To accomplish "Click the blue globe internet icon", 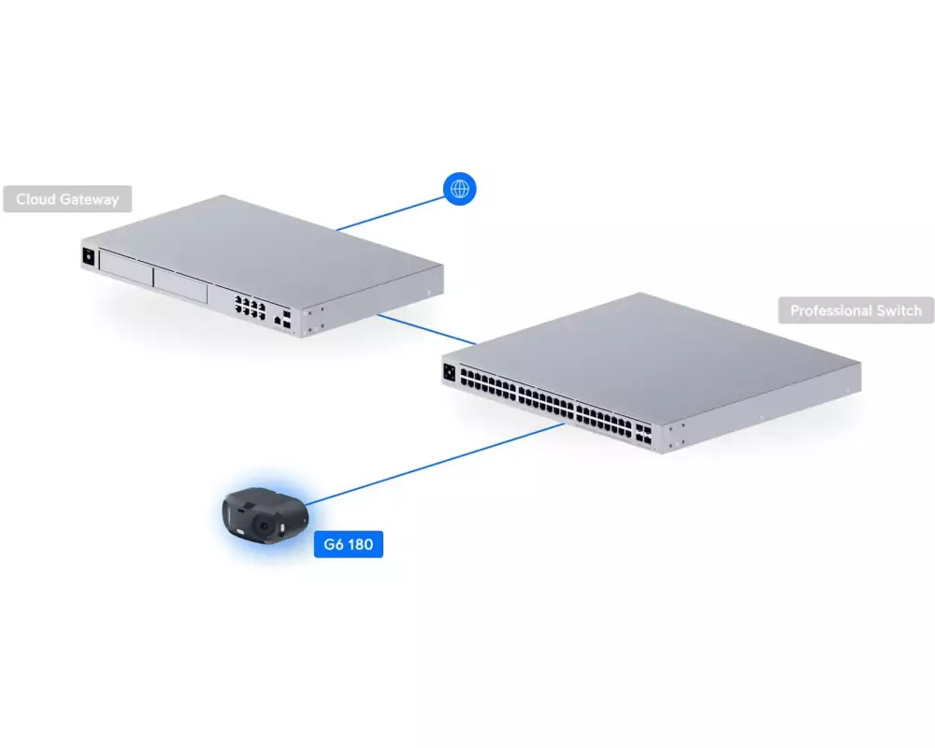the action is pyautogui.click(x=460, y=189).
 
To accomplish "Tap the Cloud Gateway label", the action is pyautogui.click(x=67, y=199).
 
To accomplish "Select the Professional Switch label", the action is pyautogui.click(x=856, y=310).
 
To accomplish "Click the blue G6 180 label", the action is pyautogui.click(x=348, y=544).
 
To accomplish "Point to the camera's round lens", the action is pyautogui.click(x=263, y=525).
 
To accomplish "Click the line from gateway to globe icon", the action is pyautogui.click(x=390, y=213).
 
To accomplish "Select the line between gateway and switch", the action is pyautogui.click(x=427, y=329).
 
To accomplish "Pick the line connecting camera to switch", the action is pyautogui.click(x=435, y=465).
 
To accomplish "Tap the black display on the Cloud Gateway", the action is pyautogui.click(x=88, y=256).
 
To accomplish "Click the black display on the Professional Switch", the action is pyautogui.click(x=449, y=372).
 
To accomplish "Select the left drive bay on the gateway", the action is pyautogui.click(x=126, y=267).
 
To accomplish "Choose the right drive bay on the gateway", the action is pyautogui.click(x=180, y=285).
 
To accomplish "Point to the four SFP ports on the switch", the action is pyautogui.click(x=643, y=434).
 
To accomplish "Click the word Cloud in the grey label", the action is pyautogui.click(x=36, y=199).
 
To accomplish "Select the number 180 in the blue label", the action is pyautogui.click(x=360, y=544).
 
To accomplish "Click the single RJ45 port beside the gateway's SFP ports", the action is pyautogui.click(x=278, y=321).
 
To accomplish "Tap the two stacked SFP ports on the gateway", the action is pyautogui.click(x=287, y=319).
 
